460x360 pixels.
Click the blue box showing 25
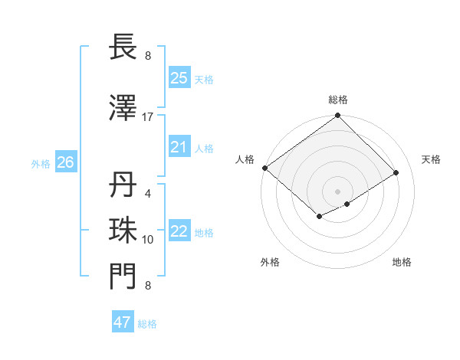click(x=179, y=78)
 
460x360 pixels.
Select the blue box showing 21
click(x=179, y=147)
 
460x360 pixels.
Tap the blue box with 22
click(x=179, y=231)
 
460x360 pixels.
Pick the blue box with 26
click(x=65, y=162)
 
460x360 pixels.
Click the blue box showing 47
click(x=123, y=322)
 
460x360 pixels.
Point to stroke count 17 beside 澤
click(x=148, y=117)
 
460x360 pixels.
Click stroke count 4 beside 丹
click(x=148, y=194)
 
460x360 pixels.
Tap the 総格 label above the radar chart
click(x=338, y=100)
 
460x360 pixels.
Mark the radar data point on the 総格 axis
click(x=338, y=116)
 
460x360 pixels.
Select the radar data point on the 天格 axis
click(x=396, y=172)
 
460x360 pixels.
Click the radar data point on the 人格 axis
click(x=264, y=168)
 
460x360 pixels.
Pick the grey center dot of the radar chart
click(x=338, y=191)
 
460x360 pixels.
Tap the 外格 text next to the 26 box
click(x=41, y=163)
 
